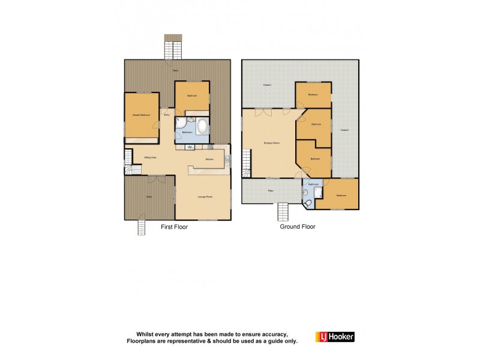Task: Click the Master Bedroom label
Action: [142, 115]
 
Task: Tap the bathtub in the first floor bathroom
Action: [203, 127]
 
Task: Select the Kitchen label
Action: [209, 159]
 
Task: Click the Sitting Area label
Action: [150, 157]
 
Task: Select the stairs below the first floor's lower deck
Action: [142, 227]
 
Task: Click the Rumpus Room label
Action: [272, 143]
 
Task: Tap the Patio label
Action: [271, 191]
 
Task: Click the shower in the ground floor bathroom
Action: [319, 191]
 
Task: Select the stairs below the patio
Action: [283, 212]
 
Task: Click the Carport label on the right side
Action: [344, 130]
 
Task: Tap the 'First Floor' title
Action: [174, 227]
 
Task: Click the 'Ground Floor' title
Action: [298, 227]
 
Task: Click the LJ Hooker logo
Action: [335, 337]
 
